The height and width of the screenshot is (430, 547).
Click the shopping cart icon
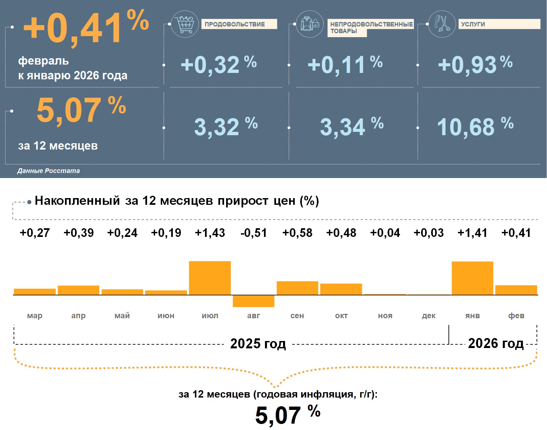pos(185,24)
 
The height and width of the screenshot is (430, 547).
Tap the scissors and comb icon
pos(442,24)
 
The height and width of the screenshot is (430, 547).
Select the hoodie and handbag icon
pos(310,24)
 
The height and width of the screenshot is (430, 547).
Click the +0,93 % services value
pos(475,64)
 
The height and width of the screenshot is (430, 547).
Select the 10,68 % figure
pos(475,127)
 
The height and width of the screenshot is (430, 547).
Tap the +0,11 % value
pos(345,64)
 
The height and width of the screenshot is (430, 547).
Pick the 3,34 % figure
pos(351,127)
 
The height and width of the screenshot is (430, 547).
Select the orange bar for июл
pos(210,278)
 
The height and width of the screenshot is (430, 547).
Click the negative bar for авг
pos(254,301)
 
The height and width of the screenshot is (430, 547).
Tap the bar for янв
pos(472,278)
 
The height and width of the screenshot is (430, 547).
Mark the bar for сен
pos(297,288)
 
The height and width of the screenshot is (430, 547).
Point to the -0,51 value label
pos(254,233)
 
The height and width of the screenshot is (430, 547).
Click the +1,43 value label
pos(210,233)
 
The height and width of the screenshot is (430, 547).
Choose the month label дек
pos(428,316)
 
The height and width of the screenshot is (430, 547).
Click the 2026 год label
pos(495,344)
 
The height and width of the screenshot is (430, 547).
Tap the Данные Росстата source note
pos(49,171)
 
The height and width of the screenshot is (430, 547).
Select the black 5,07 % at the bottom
pos(287,415)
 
